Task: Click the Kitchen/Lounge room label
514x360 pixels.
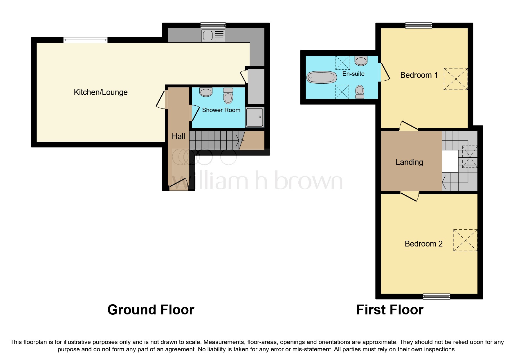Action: click(100, 92)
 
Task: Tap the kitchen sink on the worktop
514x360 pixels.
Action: click(213, 36)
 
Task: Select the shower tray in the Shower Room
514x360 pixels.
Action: click(255, 117)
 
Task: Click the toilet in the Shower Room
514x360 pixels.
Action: click(228, 96)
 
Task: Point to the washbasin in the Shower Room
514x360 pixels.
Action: click(206, 92)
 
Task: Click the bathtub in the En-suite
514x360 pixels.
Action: click(322, 78)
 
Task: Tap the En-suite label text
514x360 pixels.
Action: click(353, 74)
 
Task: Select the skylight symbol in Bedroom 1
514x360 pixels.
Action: click(455, 79)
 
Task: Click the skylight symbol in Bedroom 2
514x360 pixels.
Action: click(465, 240)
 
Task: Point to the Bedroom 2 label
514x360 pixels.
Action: click(423, 244)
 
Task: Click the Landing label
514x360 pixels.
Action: click(409, 162)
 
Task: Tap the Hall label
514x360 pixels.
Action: click(178, 136)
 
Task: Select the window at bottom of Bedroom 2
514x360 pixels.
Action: click(437, 296)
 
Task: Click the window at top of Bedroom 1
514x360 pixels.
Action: click(419, 26)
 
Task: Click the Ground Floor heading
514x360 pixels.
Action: click(151, 310)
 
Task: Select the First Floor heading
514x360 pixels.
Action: click(389, 310)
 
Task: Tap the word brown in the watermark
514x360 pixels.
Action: click(308, 181)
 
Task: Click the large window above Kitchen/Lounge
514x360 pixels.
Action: click(85, 40)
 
